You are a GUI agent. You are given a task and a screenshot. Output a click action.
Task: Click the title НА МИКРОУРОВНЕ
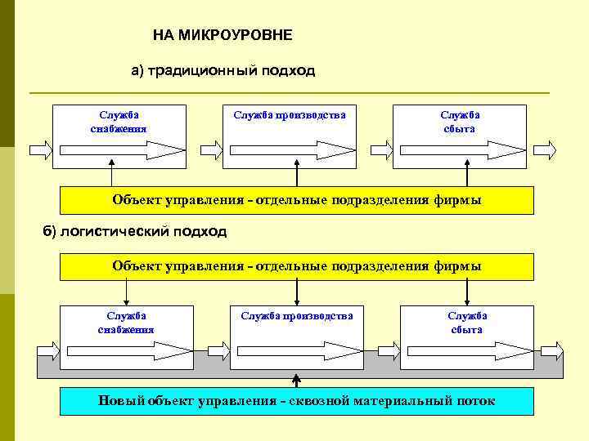click(223, 36)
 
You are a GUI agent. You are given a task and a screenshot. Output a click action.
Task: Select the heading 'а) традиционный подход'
click(223, 71)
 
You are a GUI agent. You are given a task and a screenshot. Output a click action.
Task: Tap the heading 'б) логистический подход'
click(135, 231)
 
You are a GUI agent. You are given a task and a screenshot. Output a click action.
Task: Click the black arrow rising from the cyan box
click(297, 381)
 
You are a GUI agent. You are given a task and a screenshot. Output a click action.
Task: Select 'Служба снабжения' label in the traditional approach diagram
click(119, 121)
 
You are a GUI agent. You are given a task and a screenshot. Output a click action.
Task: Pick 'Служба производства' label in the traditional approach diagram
click(290, 115)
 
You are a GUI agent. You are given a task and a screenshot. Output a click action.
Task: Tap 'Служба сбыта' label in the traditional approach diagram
click(460, 121)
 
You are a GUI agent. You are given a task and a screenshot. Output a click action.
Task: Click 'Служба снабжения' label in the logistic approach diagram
click(126, 323)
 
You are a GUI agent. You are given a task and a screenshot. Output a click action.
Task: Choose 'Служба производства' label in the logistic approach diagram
click(297, 316)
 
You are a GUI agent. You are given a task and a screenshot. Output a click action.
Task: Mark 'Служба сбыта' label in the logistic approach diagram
click(467, 323)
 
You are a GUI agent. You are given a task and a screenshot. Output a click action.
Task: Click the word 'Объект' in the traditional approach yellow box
click(136, 200)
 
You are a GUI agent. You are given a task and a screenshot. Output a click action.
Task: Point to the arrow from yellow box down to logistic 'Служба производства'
click(297, 292)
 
